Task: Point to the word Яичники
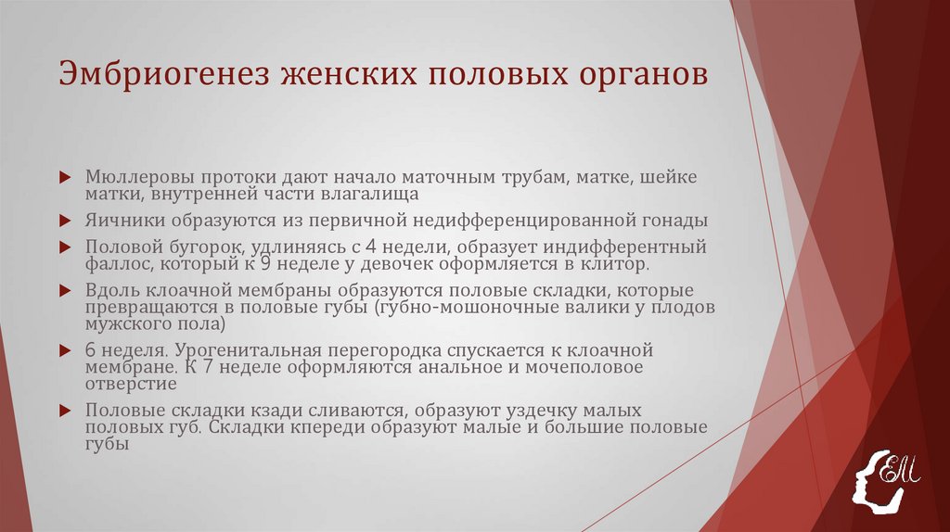(118, 221)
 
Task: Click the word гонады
(674, 221)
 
